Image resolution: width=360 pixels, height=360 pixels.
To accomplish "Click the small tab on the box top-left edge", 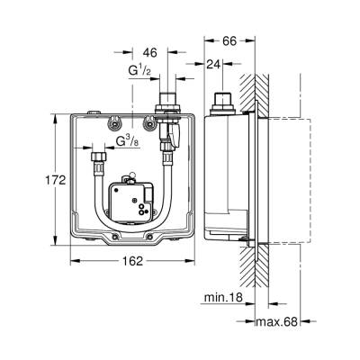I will pos(91,112).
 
